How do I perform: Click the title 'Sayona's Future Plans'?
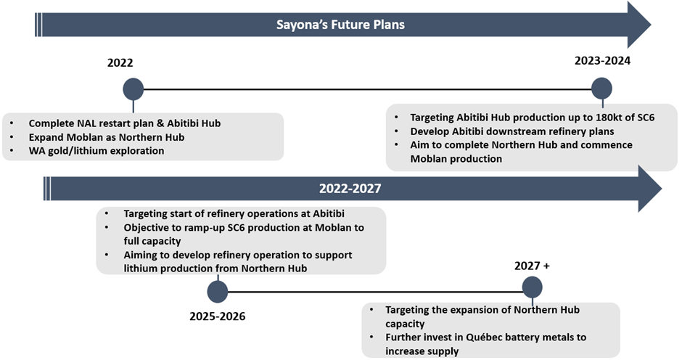[340, 25]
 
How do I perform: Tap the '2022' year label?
[120, 62]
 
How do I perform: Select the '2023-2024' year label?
[602, 60]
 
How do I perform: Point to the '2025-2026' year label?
[218, 316]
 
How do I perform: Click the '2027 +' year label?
[532, 266]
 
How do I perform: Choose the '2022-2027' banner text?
[350, 189]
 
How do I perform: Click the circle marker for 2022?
[133, 89]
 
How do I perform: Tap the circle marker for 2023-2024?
[602, 89]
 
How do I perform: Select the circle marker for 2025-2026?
[218, 292]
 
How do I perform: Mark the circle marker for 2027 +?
[532, 287]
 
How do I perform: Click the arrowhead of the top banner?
[639, 25]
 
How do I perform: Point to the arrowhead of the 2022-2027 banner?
[650, 189]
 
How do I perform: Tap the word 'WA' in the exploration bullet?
[36, 151]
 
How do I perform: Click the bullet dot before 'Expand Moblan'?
[12, 137]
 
